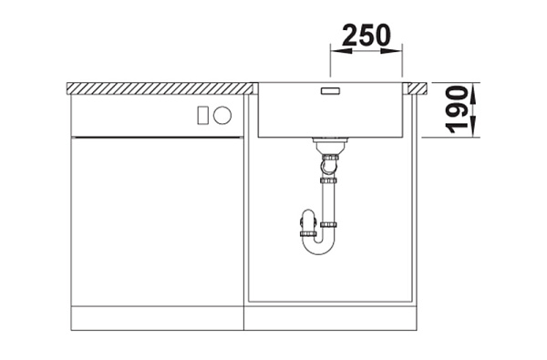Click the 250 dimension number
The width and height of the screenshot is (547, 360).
coord(366,36)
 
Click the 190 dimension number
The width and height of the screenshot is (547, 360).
coord(457,109)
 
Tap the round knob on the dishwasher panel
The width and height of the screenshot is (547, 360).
coord(222,115)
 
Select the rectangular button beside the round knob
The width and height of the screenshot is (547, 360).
coord(203,115)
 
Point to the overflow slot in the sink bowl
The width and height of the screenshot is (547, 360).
coord(330,91)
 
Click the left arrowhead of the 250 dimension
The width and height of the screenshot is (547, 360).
coord(341,51)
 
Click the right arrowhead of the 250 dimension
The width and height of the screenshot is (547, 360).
coord(392,51)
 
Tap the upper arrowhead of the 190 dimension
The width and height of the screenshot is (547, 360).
coord(473,94)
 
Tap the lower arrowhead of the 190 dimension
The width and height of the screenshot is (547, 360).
coord(473,127)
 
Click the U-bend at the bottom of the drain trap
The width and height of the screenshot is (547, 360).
coord(318,249)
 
